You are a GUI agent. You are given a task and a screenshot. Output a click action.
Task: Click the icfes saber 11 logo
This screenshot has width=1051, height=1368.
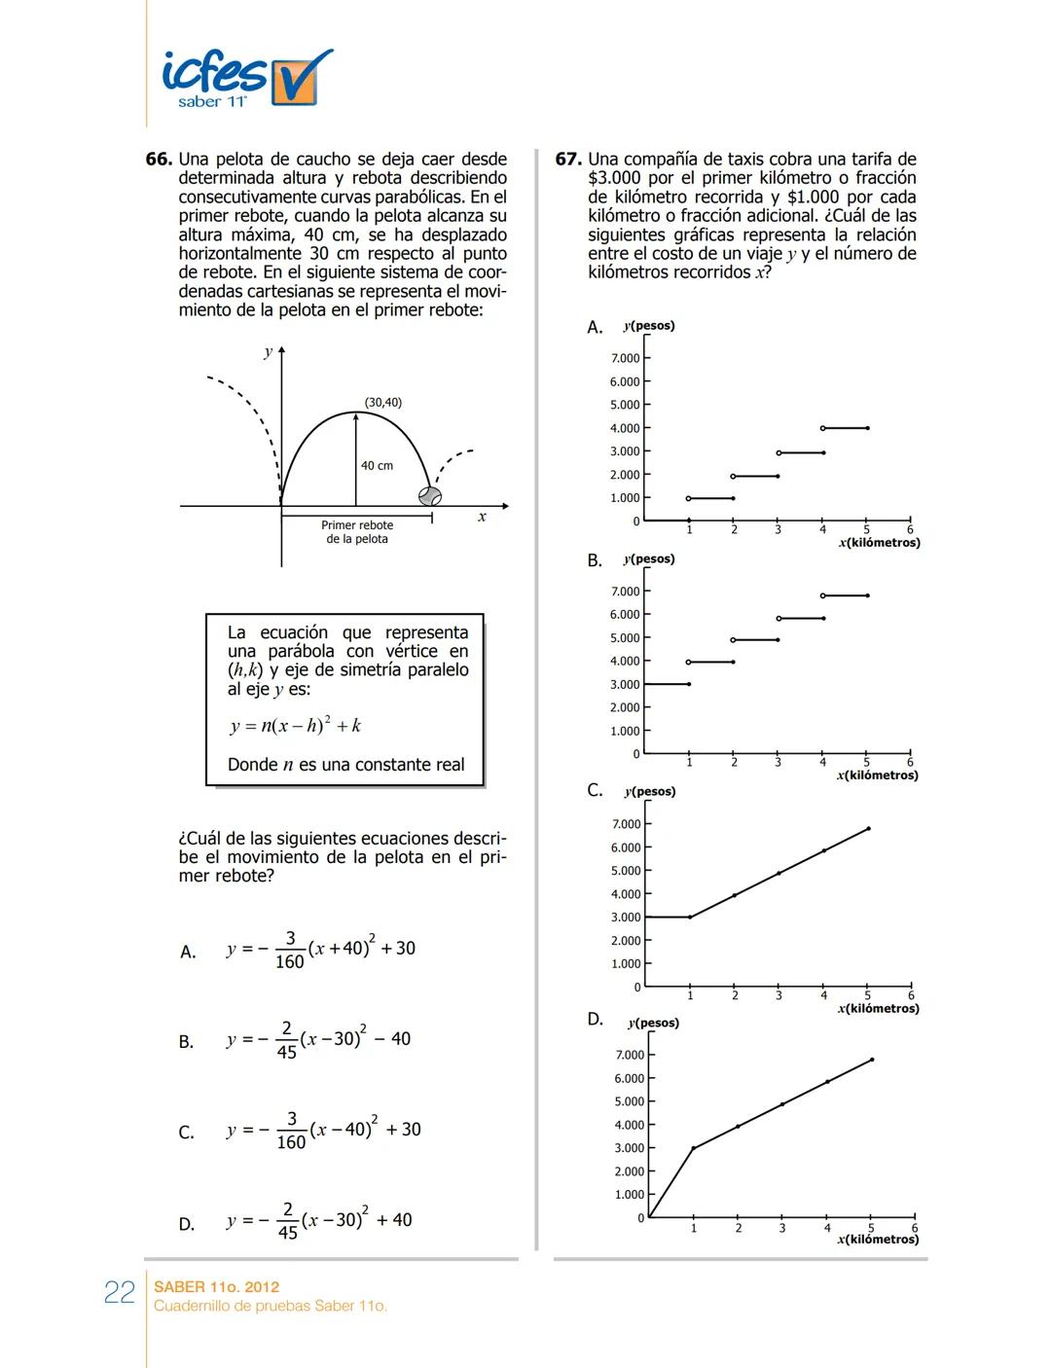click(246, 78)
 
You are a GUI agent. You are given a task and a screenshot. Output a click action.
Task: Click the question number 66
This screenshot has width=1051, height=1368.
click(159, 160)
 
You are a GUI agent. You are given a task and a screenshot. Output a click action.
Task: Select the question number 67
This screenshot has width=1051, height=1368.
click(568, 160)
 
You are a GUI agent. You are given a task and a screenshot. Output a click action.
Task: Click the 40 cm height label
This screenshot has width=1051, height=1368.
click(377, 466)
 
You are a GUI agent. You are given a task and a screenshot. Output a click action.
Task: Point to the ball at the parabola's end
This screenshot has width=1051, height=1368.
click(430, 496)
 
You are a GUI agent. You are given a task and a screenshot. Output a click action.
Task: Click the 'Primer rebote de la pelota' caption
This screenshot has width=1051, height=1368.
click(357, 532)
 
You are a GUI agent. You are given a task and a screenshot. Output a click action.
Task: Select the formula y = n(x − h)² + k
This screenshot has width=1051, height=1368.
click(296, 726)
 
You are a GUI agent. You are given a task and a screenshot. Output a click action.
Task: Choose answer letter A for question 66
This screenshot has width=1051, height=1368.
click(188, 953)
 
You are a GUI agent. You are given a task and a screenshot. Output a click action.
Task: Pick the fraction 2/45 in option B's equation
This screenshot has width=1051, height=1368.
click(286, 1040)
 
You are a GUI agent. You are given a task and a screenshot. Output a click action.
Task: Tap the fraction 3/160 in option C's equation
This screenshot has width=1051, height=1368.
click(291, 1131)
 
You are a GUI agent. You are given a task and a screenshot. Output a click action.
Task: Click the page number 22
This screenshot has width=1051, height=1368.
click(120, 1293)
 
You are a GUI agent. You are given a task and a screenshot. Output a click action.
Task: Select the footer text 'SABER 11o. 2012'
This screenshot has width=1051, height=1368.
click(217, 1286)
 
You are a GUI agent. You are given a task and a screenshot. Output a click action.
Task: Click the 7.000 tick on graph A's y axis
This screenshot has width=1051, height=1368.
click(625, 359)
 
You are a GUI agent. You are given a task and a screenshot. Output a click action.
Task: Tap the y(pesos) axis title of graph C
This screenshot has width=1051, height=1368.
click(649, 792)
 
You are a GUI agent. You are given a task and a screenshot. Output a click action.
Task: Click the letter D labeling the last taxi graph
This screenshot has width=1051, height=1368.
click(596, 1020)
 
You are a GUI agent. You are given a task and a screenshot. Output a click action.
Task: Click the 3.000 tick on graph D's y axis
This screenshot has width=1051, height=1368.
click(629, 1148)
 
